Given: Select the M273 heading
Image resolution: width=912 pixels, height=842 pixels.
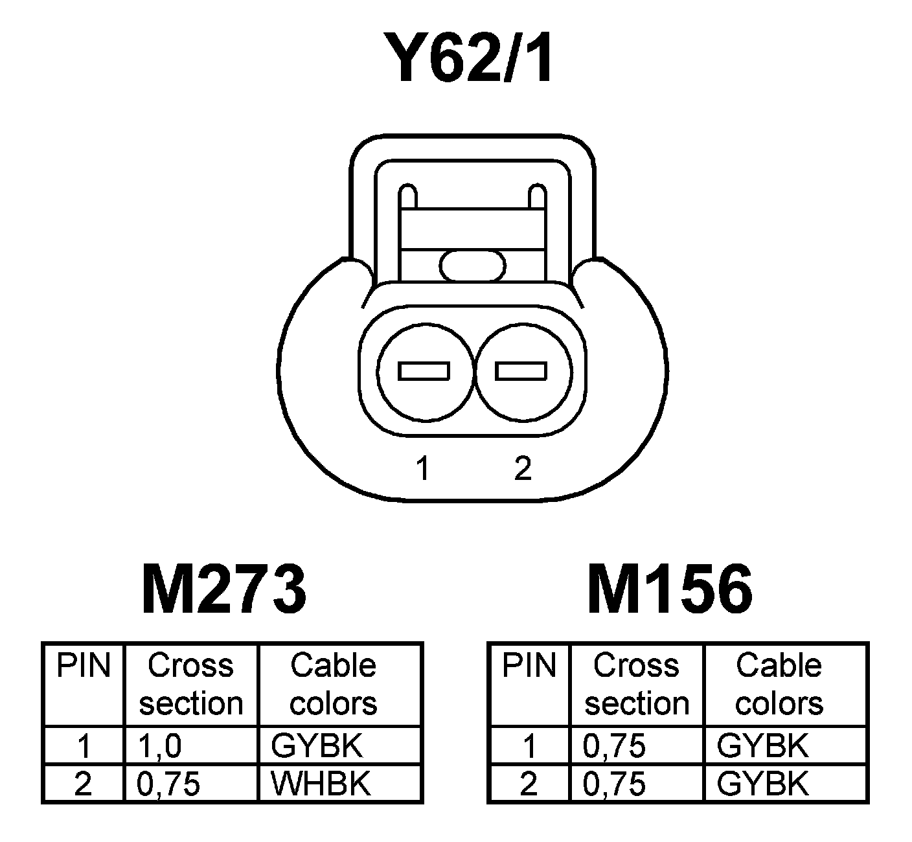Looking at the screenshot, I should click(223, 590).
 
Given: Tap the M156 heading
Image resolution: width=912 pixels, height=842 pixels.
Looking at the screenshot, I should click(670, 590).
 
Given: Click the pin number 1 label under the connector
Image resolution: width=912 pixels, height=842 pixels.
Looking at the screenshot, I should click(423, 468).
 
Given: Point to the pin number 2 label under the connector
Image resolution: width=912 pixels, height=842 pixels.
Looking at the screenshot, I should click(522, 467).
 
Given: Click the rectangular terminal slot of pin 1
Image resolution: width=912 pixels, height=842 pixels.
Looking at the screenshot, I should click(424, 371).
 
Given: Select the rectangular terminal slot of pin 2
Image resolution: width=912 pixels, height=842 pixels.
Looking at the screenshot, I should click(521, 371).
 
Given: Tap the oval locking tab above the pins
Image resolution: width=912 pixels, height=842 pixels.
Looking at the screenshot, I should click(472, 266).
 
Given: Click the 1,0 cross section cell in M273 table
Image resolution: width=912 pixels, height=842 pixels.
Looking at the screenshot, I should click(159, 747).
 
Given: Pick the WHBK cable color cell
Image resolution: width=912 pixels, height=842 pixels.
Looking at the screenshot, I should click(321, 784).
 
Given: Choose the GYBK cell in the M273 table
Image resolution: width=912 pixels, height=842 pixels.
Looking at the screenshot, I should click(317, 747).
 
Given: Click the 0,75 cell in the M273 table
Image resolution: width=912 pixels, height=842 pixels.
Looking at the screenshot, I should click(168, 784).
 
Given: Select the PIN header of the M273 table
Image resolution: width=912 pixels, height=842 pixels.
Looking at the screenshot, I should click(84, 666).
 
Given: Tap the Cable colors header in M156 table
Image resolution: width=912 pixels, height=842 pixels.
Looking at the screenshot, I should click(779, 685).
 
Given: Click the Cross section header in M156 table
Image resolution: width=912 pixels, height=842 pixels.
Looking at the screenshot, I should click(637, 685).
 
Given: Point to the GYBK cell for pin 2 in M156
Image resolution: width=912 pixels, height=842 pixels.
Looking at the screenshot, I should click(762, 784).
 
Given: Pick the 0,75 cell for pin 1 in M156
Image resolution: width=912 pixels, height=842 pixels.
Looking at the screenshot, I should click(614, 747).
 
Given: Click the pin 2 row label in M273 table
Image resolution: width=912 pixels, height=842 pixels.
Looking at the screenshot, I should click(84, 784).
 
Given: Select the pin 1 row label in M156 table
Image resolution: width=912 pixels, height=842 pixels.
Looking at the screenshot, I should click(529, 747).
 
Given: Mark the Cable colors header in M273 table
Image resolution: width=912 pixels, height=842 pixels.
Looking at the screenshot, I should click(333, 685).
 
